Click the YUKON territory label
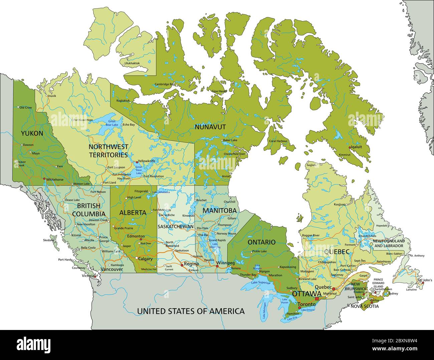(32, 133)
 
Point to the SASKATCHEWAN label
(176, 227)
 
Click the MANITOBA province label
(219, 211)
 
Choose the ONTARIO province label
(261, 242)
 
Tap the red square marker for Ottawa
(317, 298)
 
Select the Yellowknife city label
(147, 161)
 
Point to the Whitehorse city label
(55, 179)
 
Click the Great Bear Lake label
(112, 123)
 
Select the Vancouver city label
(112, 269)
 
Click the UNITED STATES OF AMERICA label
(191, 311)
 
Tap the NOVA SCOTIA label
(365, 306)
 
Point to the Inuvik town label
(52, 96)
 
